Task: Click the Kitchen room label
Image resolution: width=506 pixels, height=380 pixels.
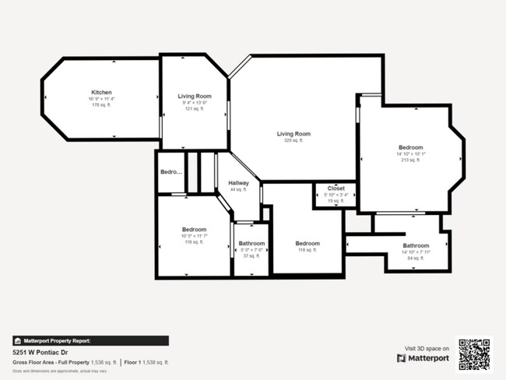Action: pos(102,93)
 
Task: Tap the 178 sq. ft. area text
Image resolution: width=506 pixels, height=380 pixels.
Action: pos(102,105)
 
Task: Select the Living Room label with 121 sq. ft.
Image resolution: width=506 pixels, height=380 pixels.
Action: pos(194,96)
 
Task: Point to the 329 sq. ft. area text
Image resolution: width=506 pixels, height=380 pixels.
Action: pos(293,140)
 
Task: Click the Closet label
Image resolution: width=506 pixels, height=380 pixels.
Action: pos(336,188)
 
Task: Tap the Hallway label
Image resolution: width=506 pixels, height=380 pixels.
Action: pos(238,183)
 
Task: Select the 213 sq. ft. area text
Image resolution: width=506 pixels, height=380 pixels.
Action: pos(410,160)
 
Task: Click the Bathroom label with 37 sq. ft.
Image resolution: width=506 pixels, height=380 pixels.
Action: pos(251,244)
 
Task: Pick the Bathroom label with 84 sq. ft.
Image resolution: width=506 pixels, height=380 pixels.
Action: pos(416,245)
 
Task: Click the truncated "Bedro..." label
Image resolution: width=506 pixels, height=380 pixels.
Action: pos(170,172)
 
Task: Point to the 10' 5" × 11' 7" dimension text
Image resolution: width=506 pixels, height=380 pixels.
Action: pos(194,236)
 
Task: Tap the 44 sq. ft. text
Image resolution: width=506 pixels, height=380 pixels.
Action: pos(238,189)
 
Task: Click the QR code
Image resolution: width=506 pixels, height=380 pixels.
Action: pos(474,354)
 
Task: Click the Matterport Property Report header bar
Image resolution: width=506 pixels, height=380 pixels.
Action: pos(90,340)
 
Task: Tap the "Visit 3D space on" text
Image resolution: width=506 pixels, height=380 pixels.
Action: pos(427,348)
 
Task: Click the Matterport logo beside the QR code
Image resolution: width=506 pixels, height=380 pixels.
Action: pos(423,358)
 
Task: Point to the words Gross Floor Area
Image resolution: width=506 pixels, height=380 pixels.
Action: pos(31,363)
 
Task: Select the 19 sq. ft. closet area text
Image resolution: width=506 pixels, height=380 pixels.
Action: pos(336,201)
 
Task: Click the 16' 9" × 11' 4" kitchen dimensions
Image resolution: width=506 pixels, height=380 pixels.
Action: pos(102,99)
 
